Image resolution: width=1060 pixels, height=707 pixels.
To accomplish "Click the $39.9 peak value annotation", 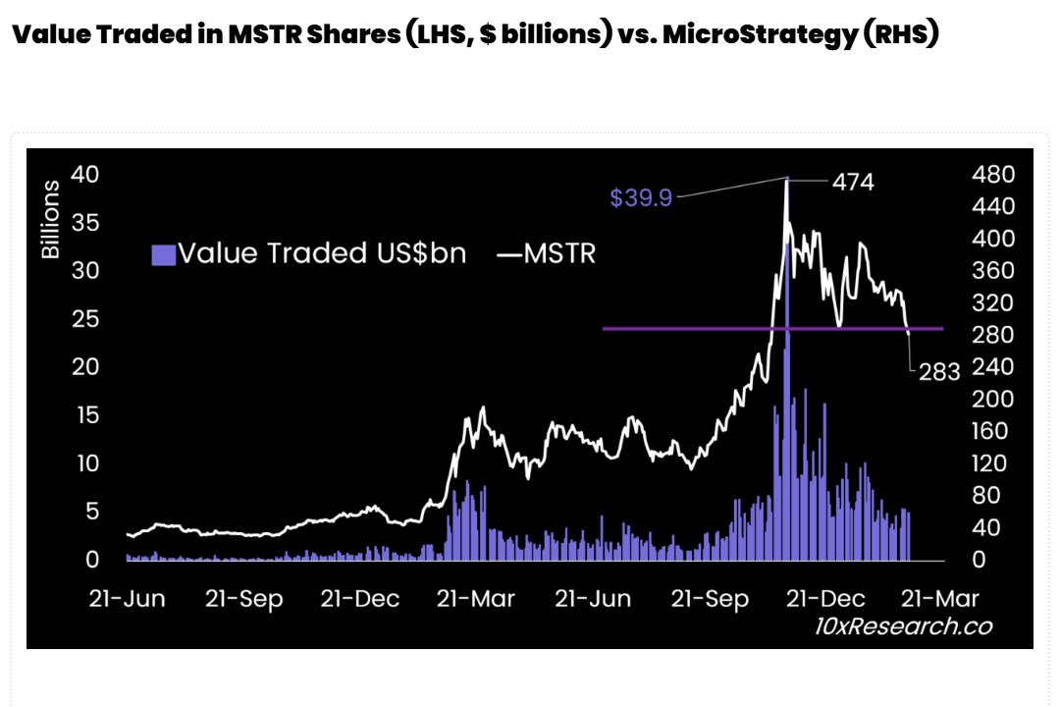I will pos(640,198).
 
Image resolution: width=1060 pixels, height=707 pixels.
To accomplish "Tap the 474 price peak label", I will pos(852,182).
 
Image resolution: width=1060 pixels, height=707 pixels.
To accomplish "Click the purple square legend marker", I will pos(164,255).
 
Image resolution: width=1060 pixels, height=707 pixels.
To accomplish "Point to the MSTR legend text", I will pos(559,254).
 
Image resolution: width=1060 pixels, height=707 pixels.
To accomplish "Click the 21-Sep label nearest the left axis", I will pos(243,599).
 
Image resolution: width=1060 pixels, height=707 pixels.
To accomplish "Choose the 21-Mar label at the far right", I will pos(939,599).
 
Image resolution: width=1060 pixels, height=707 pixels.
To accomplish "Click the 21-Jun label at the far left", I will pos(128,599).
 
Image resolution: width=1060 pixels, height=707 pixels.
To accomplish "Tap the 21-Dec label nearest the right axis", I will pos(823,599).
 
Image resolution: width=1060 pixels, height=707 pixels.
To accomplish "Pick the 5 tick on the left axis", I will pos(93,512).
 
